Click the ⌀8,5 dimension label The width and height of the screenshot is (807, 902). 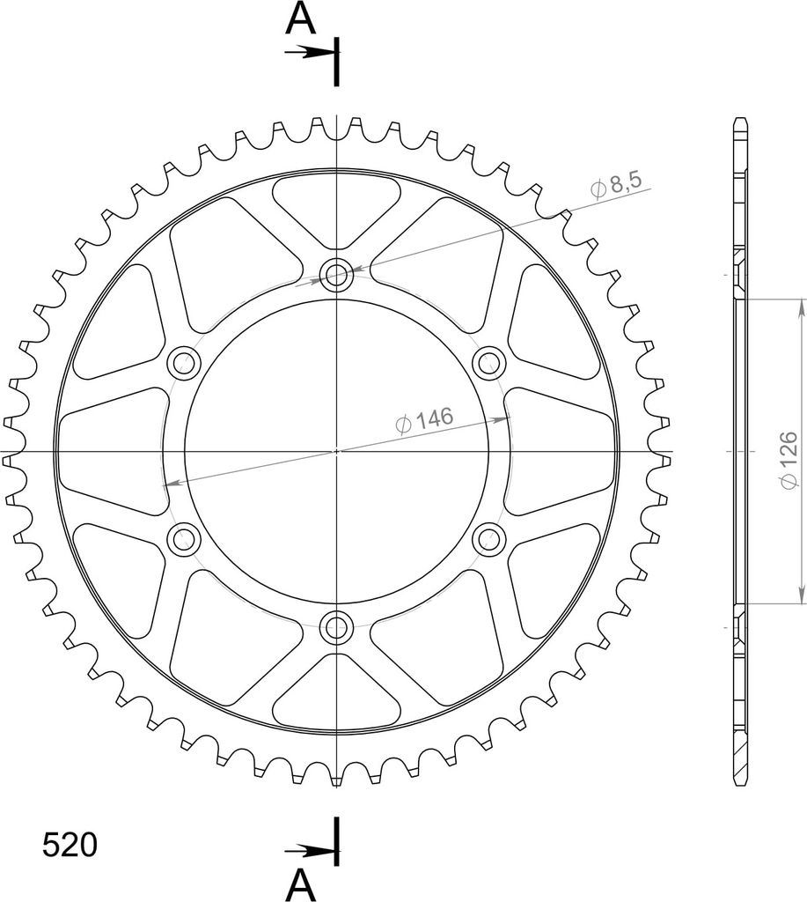point(615,185)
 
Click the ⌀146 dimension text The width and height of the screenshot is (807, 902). point(425,420)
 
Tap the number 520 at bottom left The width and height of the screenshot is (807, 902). point(70,846)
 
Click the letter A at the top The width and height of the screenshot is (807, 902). point(301,18)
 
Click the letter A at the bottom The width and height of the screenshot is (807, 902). point(301,884)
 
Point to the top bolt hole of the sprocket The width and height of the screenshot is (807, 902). point(337,275)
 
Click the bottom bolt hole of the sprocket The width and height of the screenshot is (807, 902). point(337,627)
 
